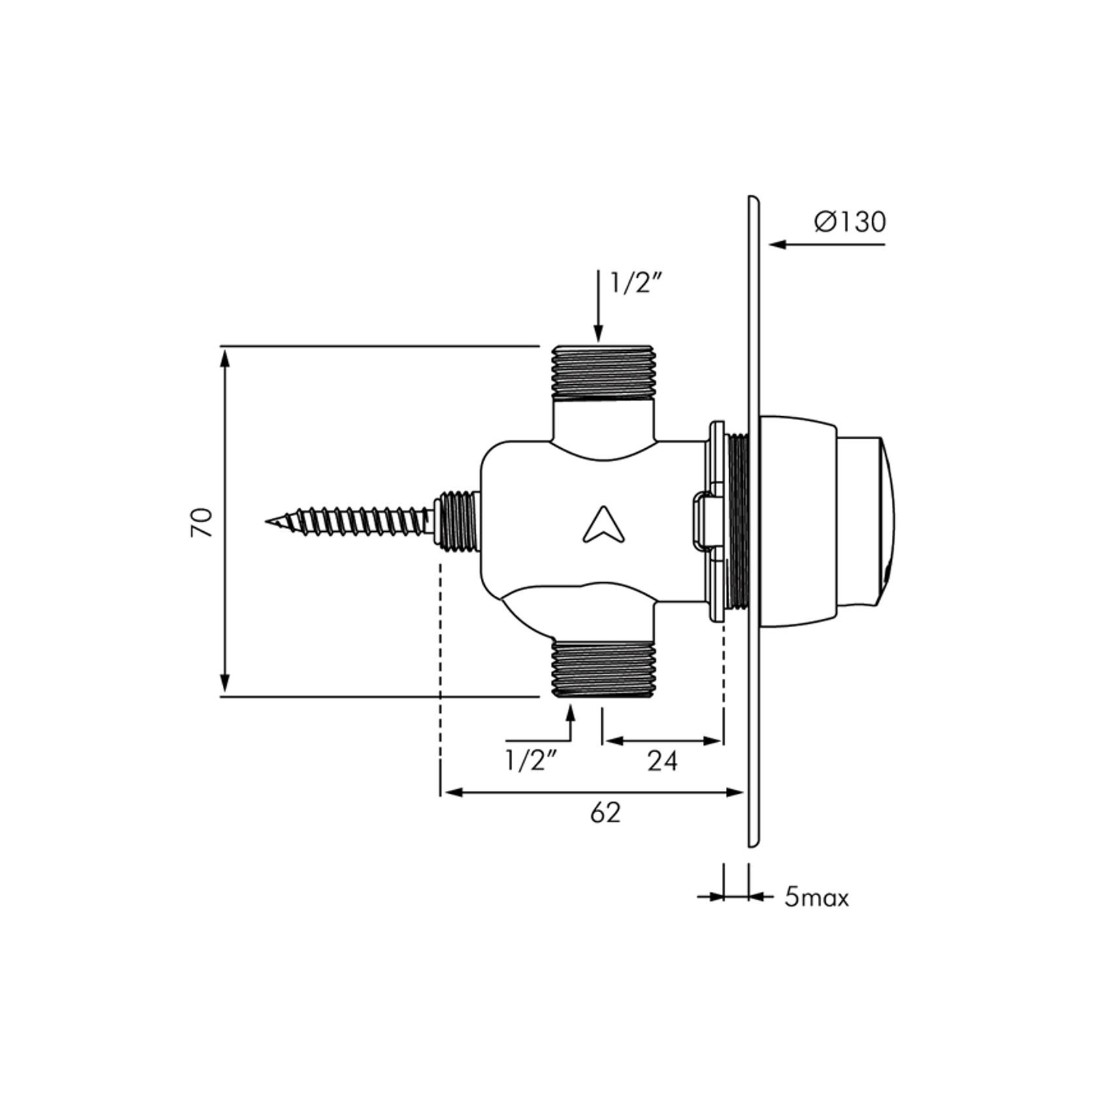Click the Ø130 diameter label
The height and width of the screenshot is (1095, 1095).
point(850,222)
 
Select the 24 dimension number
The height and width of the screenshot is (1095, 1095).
point(662,760)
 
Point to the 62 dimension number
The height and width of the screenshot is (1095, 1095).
point(605,813)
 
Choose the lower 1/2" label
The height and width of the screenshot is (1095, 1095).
point(532,760)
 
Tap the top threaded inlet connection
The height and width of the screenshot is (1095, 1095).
point(603,372)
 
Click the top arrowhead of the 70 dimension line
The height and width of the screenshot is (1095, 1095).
point(225,356)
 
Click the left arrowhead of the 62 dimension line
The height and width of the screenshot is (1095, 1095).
point(448,793)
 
